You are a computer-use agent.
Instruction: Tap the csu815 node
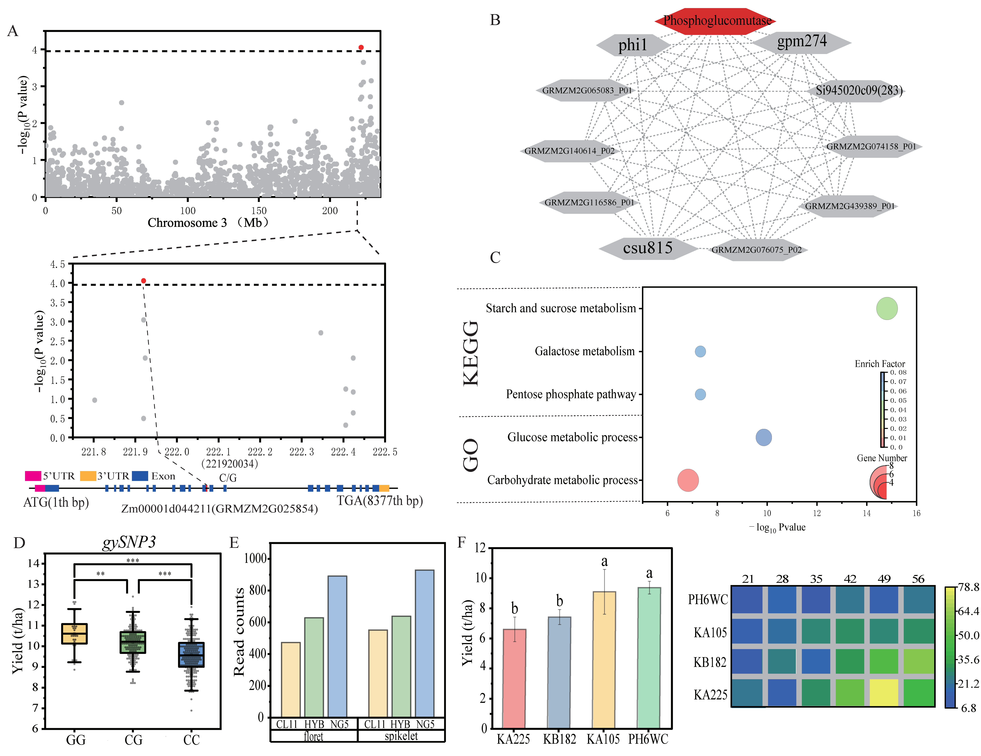point(648,248)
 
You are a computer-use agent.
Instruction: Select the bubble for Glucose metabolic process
point(764,437)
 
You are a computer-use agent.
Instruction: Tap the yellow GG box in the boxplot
point(75,633)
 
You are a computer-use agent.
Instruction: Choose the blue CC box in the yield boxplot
point(191,655)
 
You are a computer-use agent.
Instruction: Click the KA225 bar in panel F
point(514,678)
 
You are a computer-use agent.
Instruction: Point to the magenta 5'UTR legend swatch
point(33,476)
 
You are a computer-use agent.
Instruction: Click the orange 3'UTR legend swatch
point(88,476)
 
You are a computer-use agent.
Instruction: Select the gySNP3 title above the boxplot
point(129,542)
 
